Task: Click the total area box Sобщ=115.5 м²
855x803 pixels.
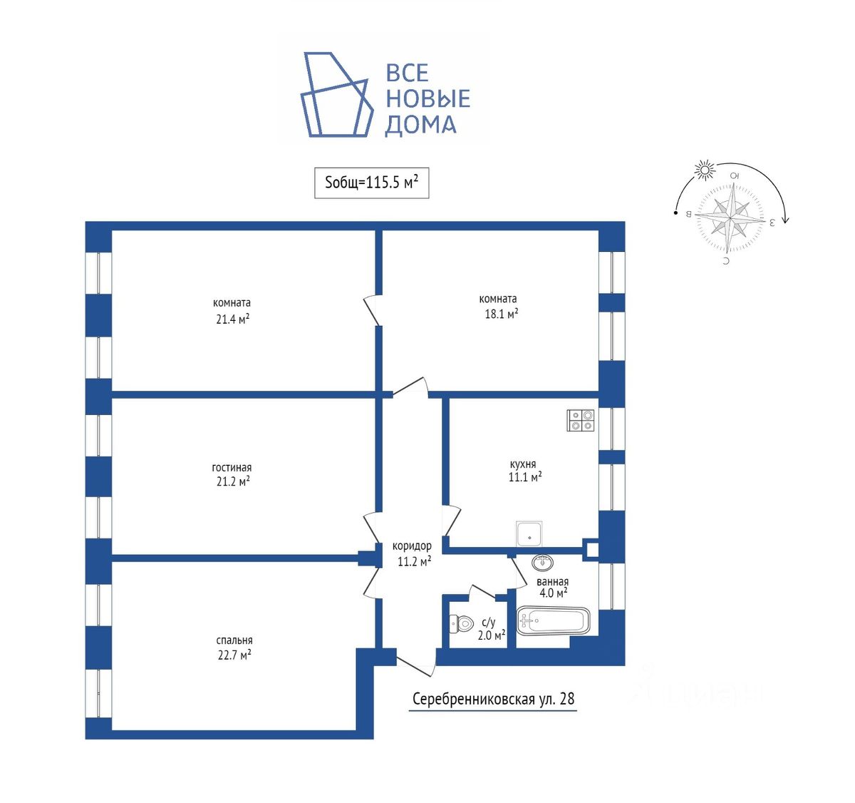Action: pos(371,183)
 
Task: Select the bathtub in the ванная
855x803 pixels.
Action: pos(553,620)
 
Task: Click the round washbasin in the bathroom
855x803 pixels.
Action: pos(543,563)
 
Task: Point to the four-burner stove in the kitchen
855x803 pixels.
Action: pos(581,420)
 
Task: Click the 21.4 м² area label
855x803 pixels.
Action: pos(232,319)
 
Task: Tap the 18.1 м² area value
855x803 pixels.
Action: pos(501,313)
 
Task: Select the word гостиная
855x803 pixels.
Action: pos(232,467)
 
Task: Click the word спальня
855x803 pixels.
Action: pos(234,640)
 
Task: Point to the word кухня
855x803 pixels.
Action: pos(523,464)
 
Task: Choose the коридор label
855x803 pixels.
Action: pos(412,546)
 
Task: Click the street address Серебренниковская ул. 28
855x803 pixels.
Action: pos(493,698)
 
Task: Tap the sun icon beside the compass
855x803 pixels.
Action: pos(705,170)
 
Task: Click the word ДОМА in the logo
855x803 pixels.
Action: pos(420,125)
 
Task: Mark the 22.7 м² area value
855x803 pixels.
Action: pos(234,655)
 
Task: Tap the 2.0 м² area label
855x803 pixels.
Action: pos(491,635)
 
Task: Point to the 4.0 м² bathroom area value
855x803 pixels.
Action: pos(552,593)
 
